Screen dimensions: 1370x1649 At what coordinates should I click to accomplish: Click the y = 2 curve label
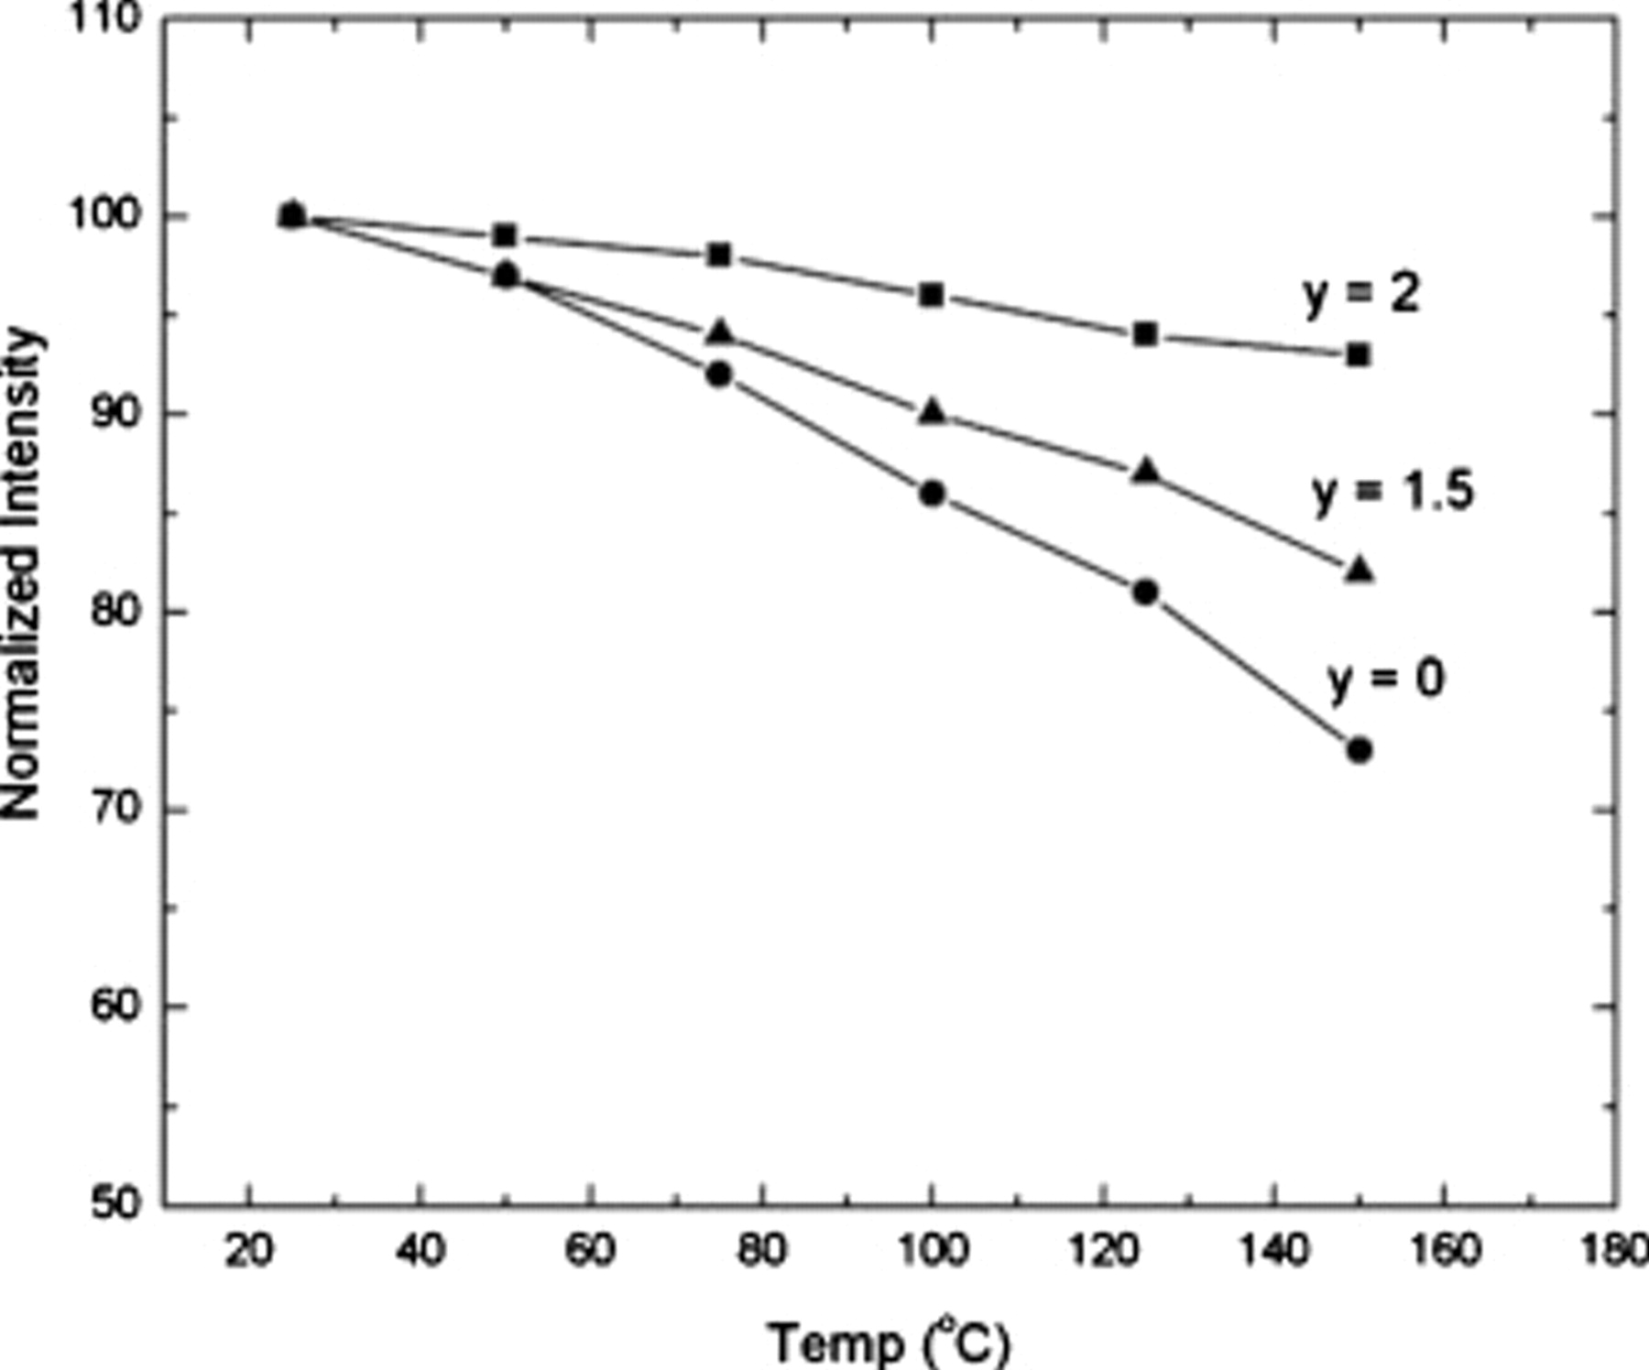click(1360, 294)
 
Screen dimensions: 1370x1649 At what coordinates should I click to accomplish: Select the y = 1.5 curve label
click(1392, 492)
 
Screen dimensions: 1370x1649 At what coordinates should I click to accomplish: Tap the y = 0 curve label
click(1385, 679)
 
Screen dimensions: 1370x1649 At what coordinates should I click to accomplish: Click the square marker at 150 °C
click(1359, 355)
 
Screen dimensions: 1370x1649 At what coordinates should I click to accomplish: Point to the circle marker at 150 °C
click(1360, 750)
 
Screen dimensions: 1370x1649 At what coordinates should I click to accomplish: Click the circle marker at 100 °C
click(932, 495)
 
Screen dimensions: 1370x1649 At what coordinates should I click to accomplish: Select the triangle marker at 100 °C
click(932, 412)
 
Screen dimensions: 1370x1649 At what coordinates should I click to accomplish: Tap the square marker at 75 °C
click(719, 255)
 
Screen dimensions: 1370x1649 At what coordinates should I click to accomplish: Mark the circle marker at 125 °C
click(1145, 593)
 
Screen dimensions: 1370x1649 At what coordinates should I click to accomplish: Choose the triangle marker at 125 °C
click(1145, 472)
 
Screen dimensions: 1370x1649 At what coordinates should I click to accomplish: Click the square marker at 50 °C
click(505, 235)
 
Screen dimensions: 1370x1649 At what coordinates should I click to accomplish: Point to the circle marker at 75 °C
click(719, 374)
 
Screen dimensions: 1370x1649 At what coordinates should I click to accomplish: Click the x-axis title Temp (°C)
click(889, 1342)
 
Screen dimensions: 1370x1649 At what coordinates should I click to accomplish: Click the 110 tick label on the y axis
click(105, 18)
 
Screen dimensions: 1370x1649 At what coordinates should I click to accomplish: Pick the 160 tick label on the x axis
click(1445, 1249)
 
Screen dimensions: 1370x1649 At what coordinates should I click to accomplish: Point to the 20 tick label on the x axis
click(248, 1249)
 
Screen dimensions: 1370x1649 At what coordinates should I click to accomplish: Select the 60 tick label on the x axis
click(590, 1249)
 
